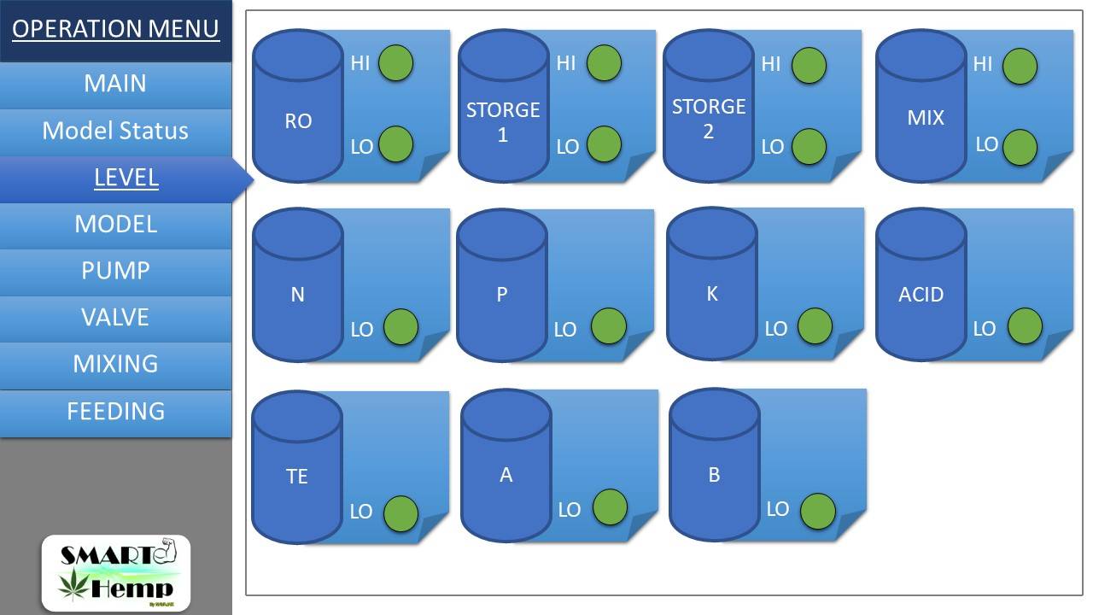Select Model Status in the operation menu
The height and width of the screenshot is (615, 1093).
pos(115,132)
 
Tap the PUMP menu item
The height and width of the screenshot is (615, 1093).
pos(115,272)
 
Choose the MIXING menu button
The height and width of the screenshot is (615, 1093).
pos(115,365)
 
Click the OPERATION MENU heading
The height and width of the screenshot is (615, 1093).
pos(115,29)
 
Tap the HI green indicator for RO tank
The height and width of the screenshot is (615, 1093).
pos(395,63)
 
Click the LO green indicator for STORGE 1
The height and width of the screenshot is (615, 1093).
pos(604,144)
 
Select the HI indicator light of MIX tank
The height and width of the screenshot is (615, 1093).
pos(1020,66)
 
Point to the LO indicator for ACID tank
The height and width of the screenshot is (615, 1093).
pos(1025,325)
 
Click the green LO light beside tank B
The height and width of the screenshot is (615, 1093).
pos(818,511)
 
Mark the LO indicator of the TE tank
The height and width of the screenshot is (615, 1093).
pos(400,513)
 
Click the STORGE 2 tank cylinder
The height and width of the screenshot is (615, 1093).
pos(709,106)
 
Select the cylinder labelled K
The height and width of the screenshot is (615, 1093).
pos(712,284)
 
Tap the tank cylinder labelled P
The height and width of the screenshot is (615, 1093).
pos(502,285)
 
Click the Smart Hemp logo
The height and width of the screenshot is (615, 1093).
pos(116,573)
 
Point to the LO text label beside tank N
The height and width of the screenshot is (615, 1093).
pos(361,330)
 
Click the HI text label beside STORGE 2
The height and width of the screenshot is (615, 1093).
pos(771,64)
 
